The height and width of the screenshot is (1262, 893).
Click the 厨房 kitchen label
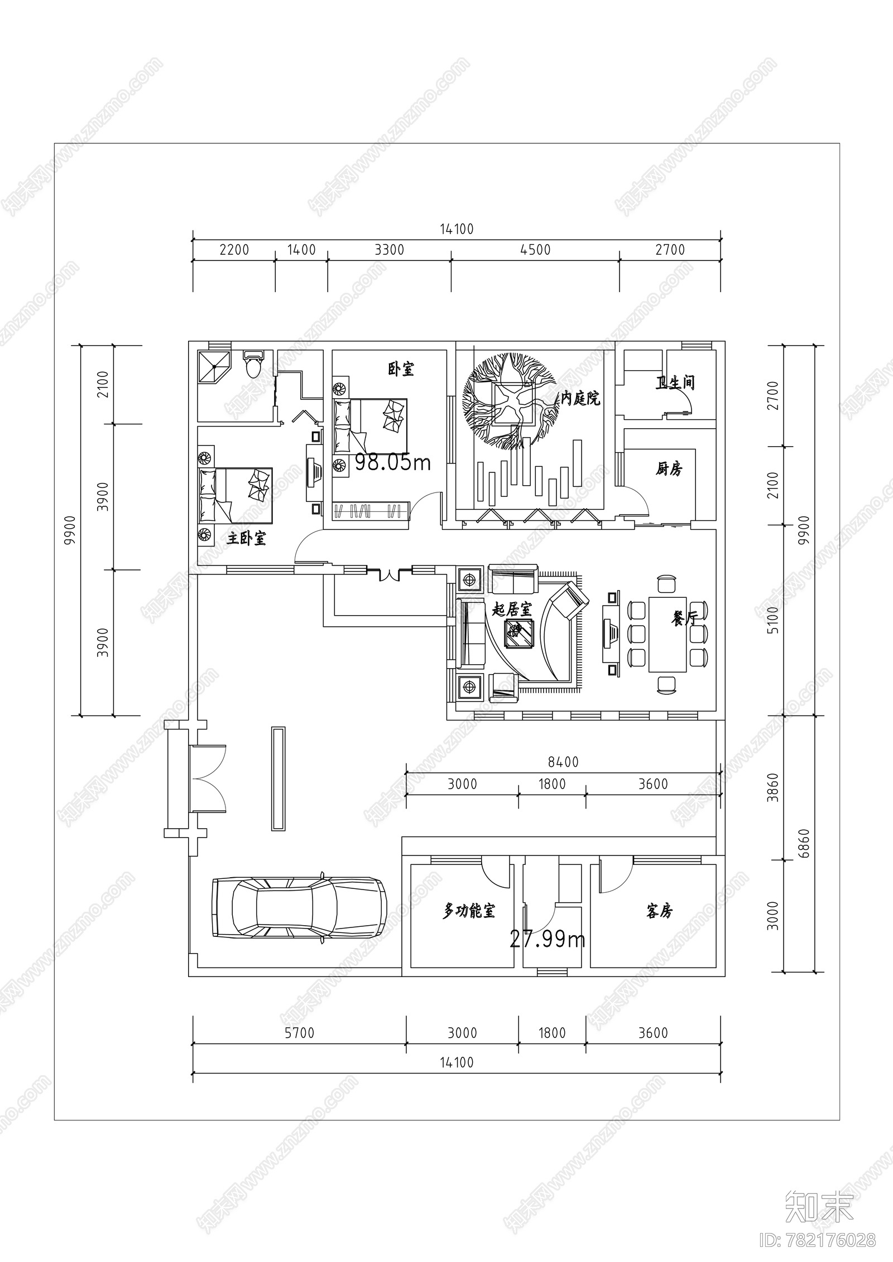tap(668, 469)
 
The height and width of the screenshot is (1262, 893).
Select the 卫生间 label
tap(675, 383)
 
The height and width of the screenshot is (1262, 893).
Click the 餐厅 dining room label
tap(683, 618)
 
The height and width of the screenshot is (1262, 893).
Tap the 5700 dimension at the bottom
tap(300, 1033)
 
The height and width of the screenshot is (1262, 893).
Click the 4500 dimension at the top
tap(535, 250)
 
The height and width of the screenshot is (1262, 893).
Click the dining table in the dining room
tap(667, 634)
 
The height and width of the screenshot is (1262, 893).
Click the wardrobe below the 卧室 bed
tap(371, 510)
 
